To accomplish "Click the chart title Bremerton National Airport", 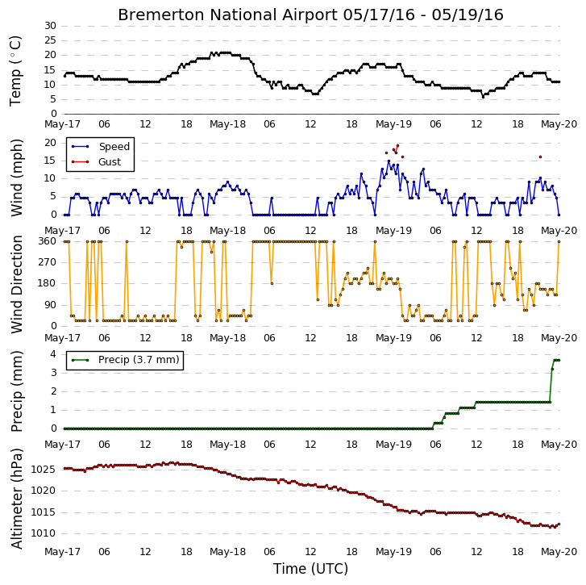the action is pyautogui.click(x=227, y=15).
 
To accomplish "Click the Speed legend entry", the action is pyautogui.click(x=101, y=147).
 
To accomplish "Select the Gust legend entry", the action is pyautogui.click(x=97, y=162).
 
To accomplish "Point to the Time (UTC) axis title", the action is pyautogui.click(x=310, y=569).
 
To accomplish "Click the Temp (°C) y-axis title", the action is pyautogui.click(x=15, y=71).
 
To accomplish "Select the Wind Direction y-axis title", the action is pyautogui.click(x=16, y=284).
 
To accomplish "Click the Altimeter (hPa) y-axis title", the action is pyautogui.click(x=16, y=498).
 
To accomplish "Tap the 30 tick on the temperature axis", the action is pyautogui.click(x=50, y=26).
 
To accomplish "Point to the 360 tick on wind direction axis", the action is pyautogui.click(x=47, y=241).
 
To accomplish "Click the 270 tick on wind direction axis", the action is pyautogui.click(x=47, y=262).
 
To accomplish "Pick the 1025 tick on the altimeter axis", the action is pyautogui.click(x=44, y=470).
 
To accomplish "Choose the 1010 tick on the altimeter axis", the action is pyautogui.click(x=44, y=533).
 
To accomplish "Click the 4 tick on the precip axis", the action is pyautogui.click(x=53, y=354).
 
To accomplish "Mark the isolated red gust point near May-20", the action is pyautogui.click(x=540, y=157).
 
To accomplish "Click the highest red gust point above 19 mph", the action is pyautogui.click(x=397, y=146).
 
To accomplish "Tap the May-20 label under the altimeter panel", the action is pyautogui.click(x=559, y=552).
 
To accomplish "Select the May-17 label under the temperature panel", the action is pyautogui.click(x=62, y=124).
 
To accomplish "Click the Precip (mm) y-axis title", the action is pyautogui.click(x=16, y=391).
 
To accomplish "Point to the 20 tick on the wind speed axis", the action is pyautogui.click(x=50, y=143).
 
